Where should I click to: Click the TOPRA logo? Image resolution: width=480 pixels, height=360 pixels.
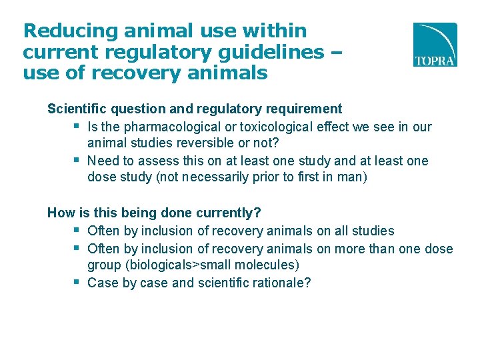435,45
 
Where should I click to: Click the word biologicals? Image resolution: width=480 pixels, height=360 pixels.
143,265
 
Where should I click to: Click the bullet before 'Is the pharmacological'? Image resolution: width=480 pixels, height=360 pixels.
77,127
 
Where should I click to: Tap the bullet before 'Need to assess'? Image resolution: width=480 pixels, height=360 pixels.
77,161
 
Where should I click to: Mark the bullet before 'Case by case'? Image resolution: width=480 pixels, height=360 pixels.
77,282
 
